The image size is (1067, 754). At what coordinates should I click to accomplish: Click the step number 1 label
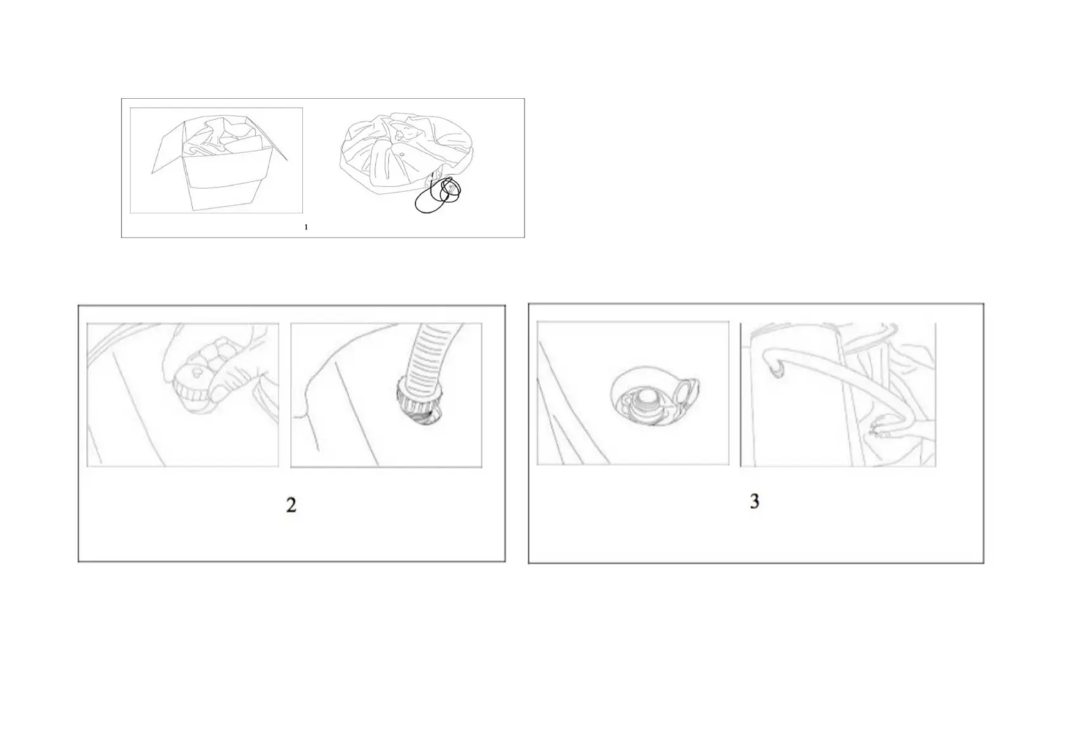tap(306, 227)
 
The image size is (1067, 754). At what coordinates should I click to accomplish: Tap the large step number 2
tap(291, 505)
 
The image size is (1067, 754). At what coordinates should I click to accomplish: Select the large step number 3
tap(755, 501)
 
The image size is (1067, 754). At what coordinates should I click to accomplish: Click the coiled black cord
tap(438, 195)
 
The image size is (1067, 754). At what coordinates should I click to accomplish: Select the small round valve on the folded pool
tap(401, 154)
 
